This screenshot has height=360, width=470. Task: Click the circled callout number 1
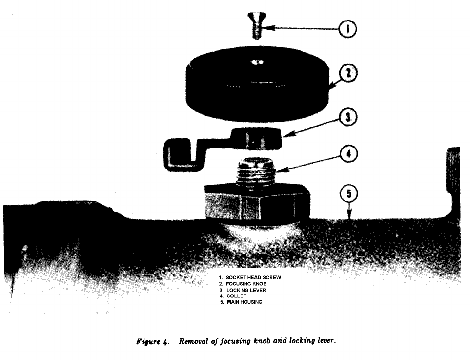(347, 29)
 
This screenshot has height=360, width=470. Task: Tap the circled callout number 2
(347, 74)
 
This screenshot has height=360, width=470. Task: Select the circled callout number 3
(347, 117)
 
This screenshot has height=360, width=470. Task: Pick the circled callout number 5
(348, 194)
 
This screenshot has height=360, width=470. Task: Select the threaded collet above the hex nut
(257, 171)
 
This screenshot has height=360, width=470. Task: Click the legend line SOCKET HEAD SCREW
(250, 277)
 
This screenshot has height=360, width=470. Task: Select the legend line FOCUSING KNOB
(243, 284)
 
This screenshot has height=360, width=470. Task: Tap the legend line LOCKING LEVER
(243, 290)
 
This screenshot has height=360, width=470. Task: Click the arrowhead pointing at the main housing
(349, 215)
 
